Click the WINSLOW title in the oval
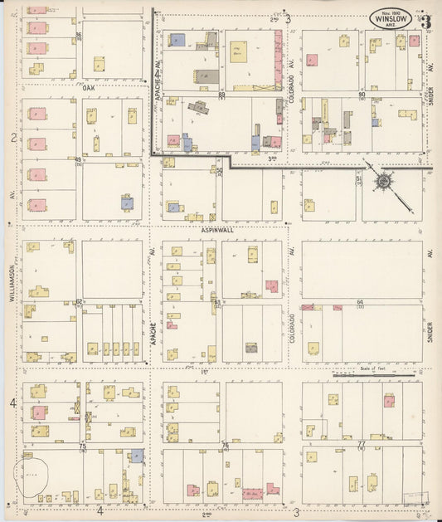(x=389, y=16)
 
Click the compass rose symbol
(x=386, y=180)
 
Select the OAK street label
(x=90, y=86)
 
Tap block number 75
(x=82, y=446)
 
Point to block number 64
(x=360, y=302)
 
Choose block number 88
(x=221, y=95)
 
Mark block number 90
(x=361, y=95)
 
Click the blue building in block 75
(x=137, y=456)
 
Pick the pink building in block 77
(x=389, y=402)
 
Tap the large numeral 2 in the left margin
(x=13, y=138)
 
